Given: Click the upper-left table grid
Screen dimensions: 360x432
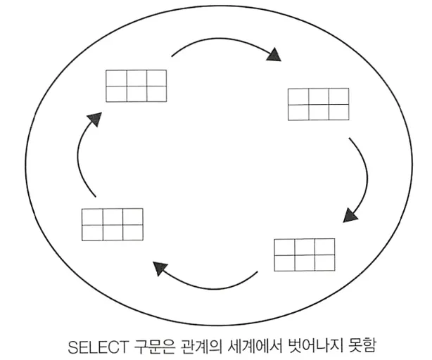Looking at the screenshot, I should (x=136, y=86).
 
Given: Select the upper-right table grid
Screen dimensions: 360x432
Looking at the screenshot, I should (x=318, y=104).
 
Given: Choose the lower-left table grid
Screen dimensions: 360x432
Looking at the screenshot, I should (x=112, y=224).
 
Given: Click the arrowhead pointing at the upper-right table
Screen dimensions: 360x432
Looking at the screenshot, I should (x=277, y=55).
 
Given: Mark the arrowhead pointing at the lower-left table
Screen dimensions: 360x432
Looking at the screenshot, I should (x=160, y=268).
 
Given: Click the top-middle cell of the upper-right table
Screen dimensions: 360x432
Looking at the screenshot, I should (x=318, y=96).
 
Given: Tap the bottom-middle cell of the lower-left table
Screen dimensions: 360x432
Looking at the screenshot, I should (x=112, y=232).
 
